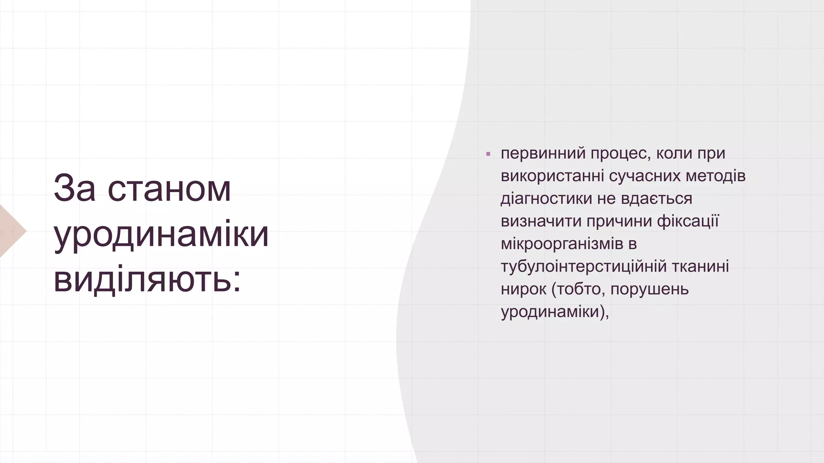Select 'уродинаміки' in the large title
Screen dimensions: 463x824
pyautogui.click(x=161, y=234)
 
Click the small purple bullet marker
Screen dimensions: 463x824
pyautogui.click(x=488, y=154)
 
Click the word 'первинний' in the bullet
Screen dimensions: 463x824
pyautogui.click(x=543, y=154)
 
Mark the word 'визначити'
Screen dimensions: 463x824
pyautogui.click(x=541, y=221)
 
